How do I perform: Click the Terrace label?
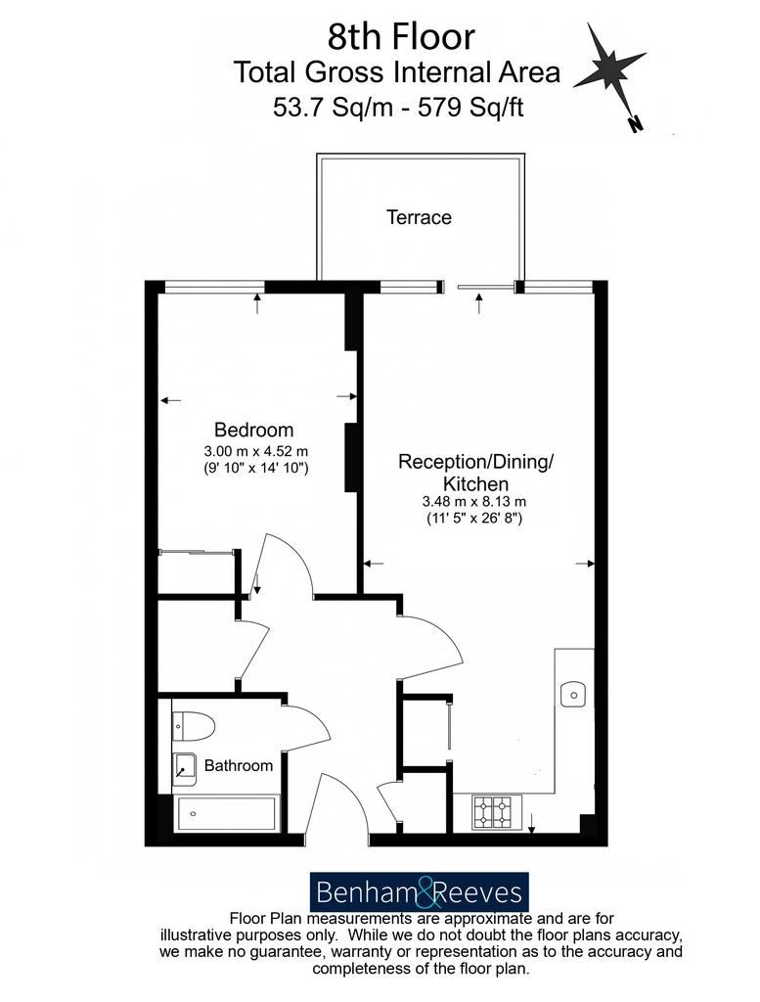(419, 217)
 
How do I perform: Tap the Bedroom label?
(253, 430)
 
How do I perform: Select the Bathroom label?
(239, 765)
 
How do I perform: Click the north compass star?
(609, 68)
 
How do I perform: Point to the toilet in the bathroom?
(194, 726)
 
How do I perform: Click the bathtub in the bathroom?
(227, 813)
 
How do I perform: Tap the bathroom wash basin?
(185, 769)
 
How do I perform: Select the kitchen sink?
(573, 694)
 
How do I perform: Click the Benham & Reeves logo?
(419, 891)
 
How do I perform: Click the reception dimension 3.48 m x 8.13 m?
(474, 502)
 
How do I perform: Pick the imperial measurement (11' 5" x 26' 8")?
(474, 519)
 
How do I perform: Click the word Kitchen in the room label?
(475, 483)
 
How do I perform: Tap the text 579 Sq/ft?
(470, 107)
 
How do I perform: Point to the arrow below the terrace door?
(479, 303)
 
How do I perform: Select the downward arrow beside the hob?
(531, 823)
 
